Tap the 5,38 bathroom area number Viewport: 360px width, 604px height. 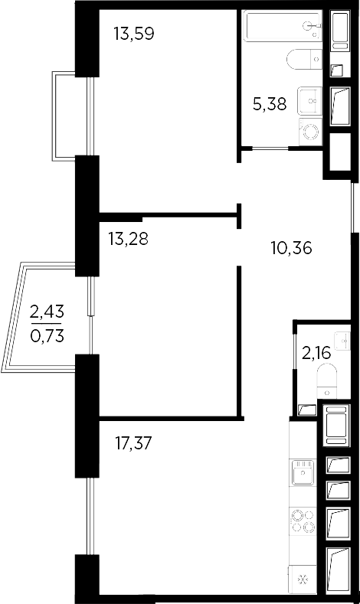coord(270,104)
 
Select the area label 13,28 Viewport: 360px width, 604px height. coord(128,238)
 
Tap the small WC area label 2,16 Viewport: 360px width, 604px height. coord(314,353)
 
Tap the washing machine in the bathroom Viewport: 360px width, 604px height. coord(311,131)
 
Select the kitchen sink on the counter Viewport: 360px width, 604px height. coord(303,473)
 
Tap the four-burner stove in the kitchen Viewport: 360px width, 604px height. coord(303,521)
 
